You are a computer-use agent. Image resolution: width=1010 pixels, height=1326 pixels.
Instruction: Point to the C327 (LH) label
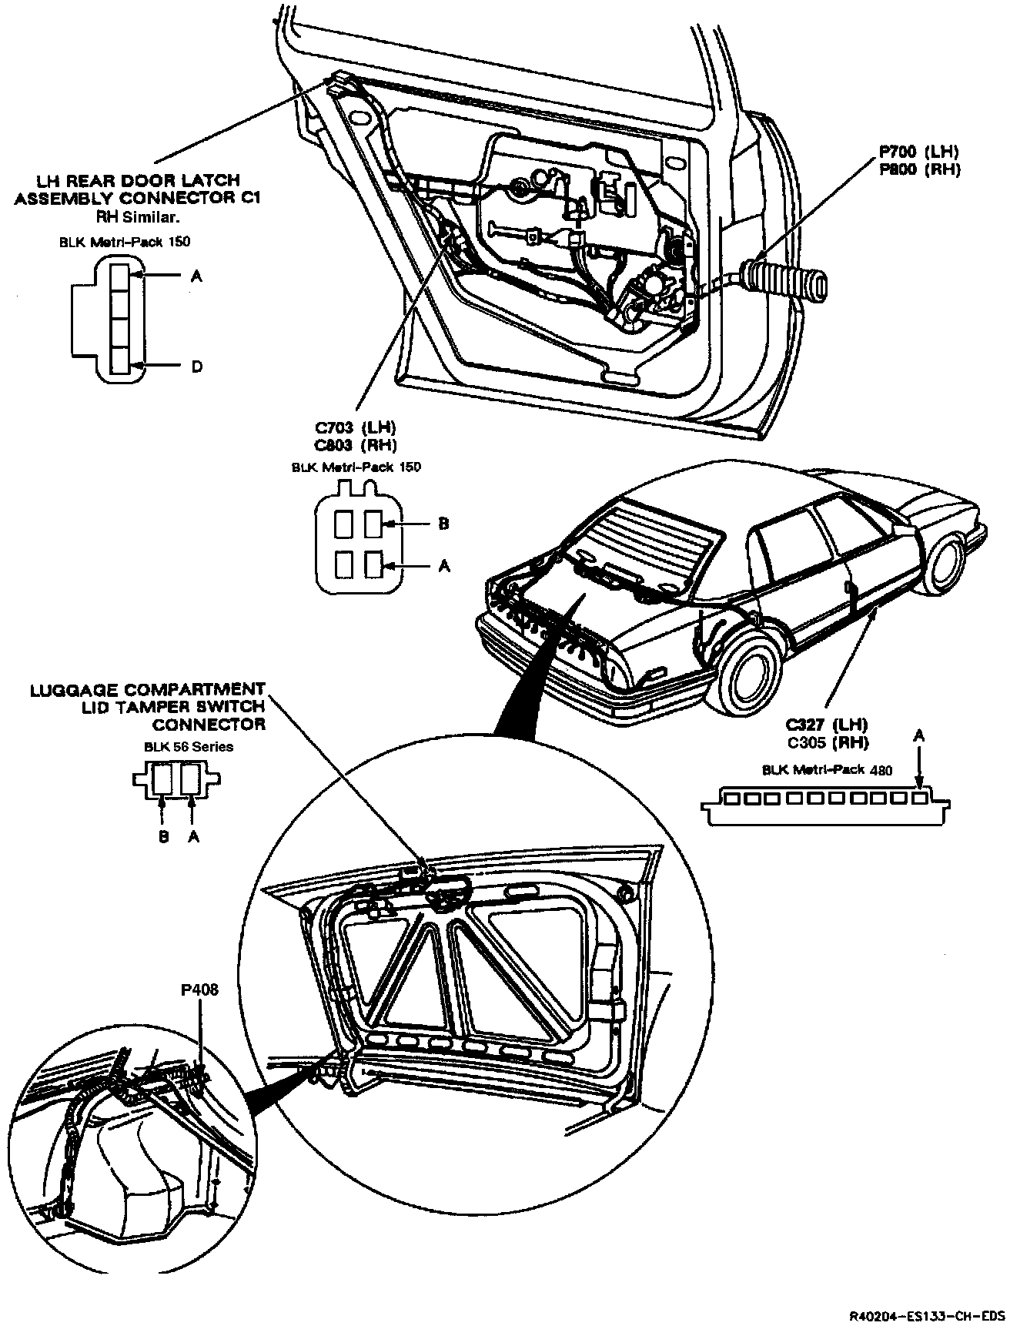point(826,725)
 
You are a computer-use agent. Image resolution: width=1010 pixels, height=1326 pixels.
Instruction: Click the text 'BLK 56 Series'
point(189,746)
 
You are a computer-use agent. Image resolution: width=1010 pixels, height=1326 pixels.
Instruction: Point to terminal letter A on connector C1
point(196,275)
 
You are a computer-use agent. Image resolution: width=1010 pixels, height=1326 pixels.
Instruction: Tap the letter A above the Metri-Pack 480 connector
point(918,736)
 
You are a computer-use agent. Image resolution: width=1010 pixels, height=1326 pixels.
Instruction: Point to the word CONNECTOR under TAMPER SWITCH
point(209,725)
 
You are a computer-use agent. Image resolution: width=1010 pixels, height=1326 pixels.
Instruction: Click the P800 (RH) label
point(921,169)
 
